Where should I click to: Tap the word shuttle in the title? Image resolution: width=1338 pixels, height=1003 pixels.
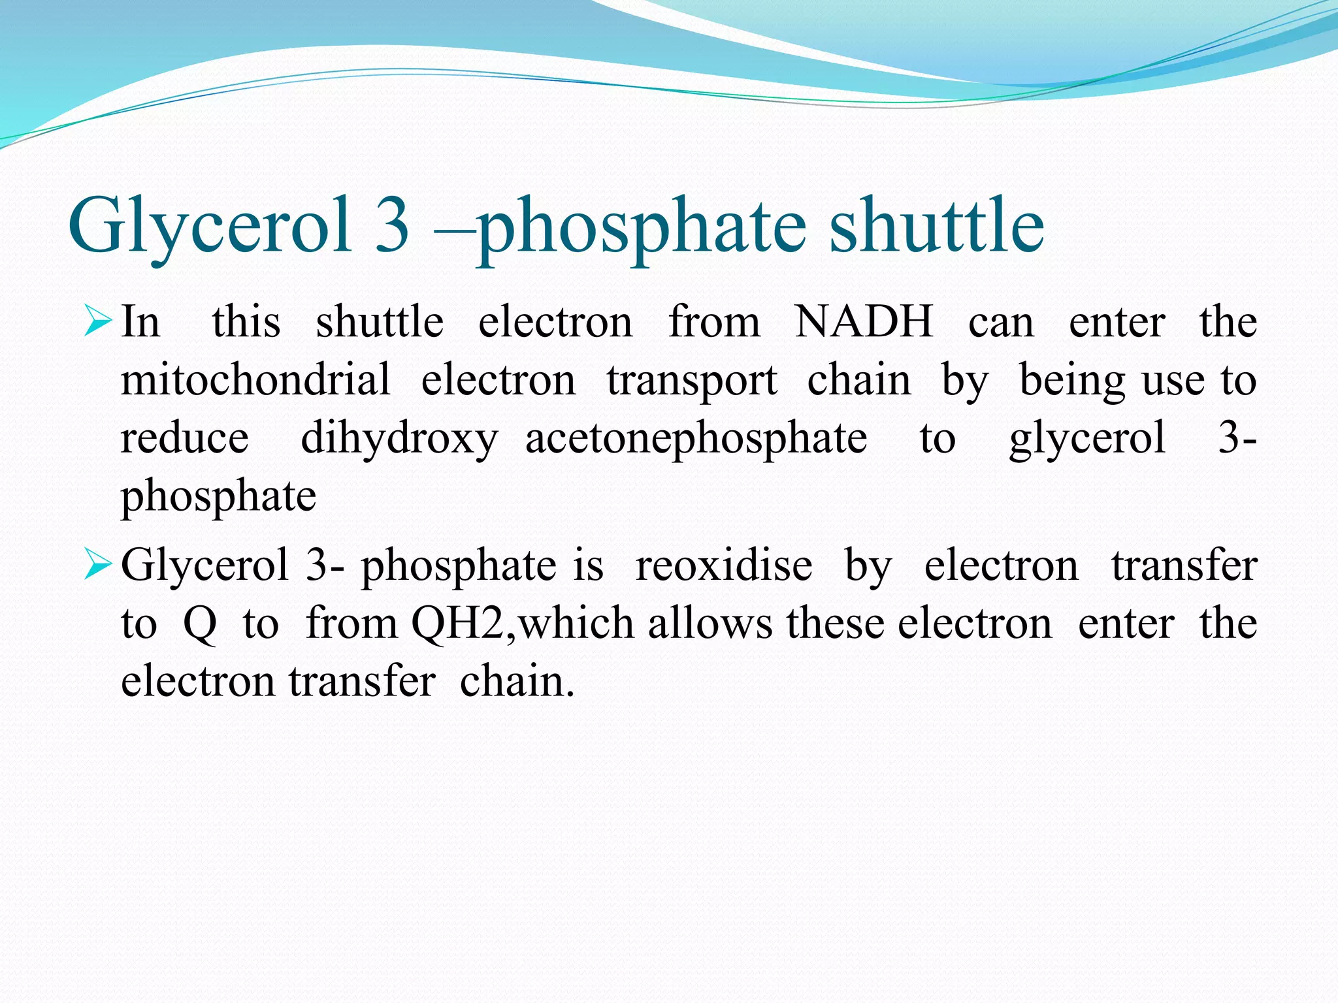point(937,225)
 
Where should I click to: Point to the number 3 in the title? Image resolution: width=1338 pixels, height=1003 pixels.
point(392,225)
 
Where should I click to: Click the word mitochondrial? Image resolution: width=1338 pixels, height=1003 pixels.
point(255,379)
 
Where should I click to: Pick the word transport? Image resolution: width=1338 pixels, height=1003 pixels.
point(692,379)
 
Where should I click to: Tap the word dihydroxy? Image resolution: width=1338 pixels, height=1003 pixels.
point(399,438)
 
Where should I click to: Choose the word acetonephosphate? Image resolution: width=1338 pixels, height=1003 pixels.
point(696,438)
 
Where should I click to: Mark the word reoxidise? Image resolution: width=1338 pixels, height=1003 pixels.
point(724,565)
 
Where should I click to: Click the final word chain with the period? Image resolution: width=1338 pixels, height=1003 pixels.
point(517,681)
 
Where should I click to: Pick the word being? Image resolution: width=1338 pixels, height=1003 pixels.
point(1072,381)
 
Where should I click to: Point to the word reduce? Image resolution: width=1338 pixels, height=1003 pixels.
point(185,438)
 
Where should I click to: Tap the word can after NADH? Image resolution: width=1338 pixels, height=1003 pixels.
point(1001,323)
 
